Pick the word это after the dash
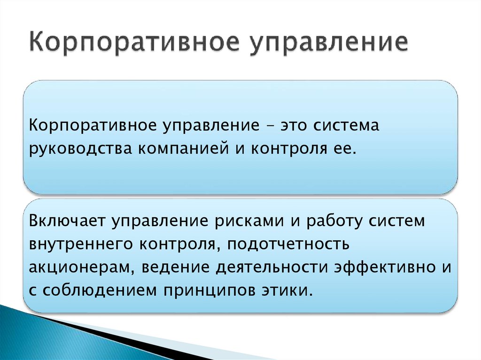[294, 126]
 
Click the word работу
[333, 221]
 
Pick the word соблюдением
[101, 290]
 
